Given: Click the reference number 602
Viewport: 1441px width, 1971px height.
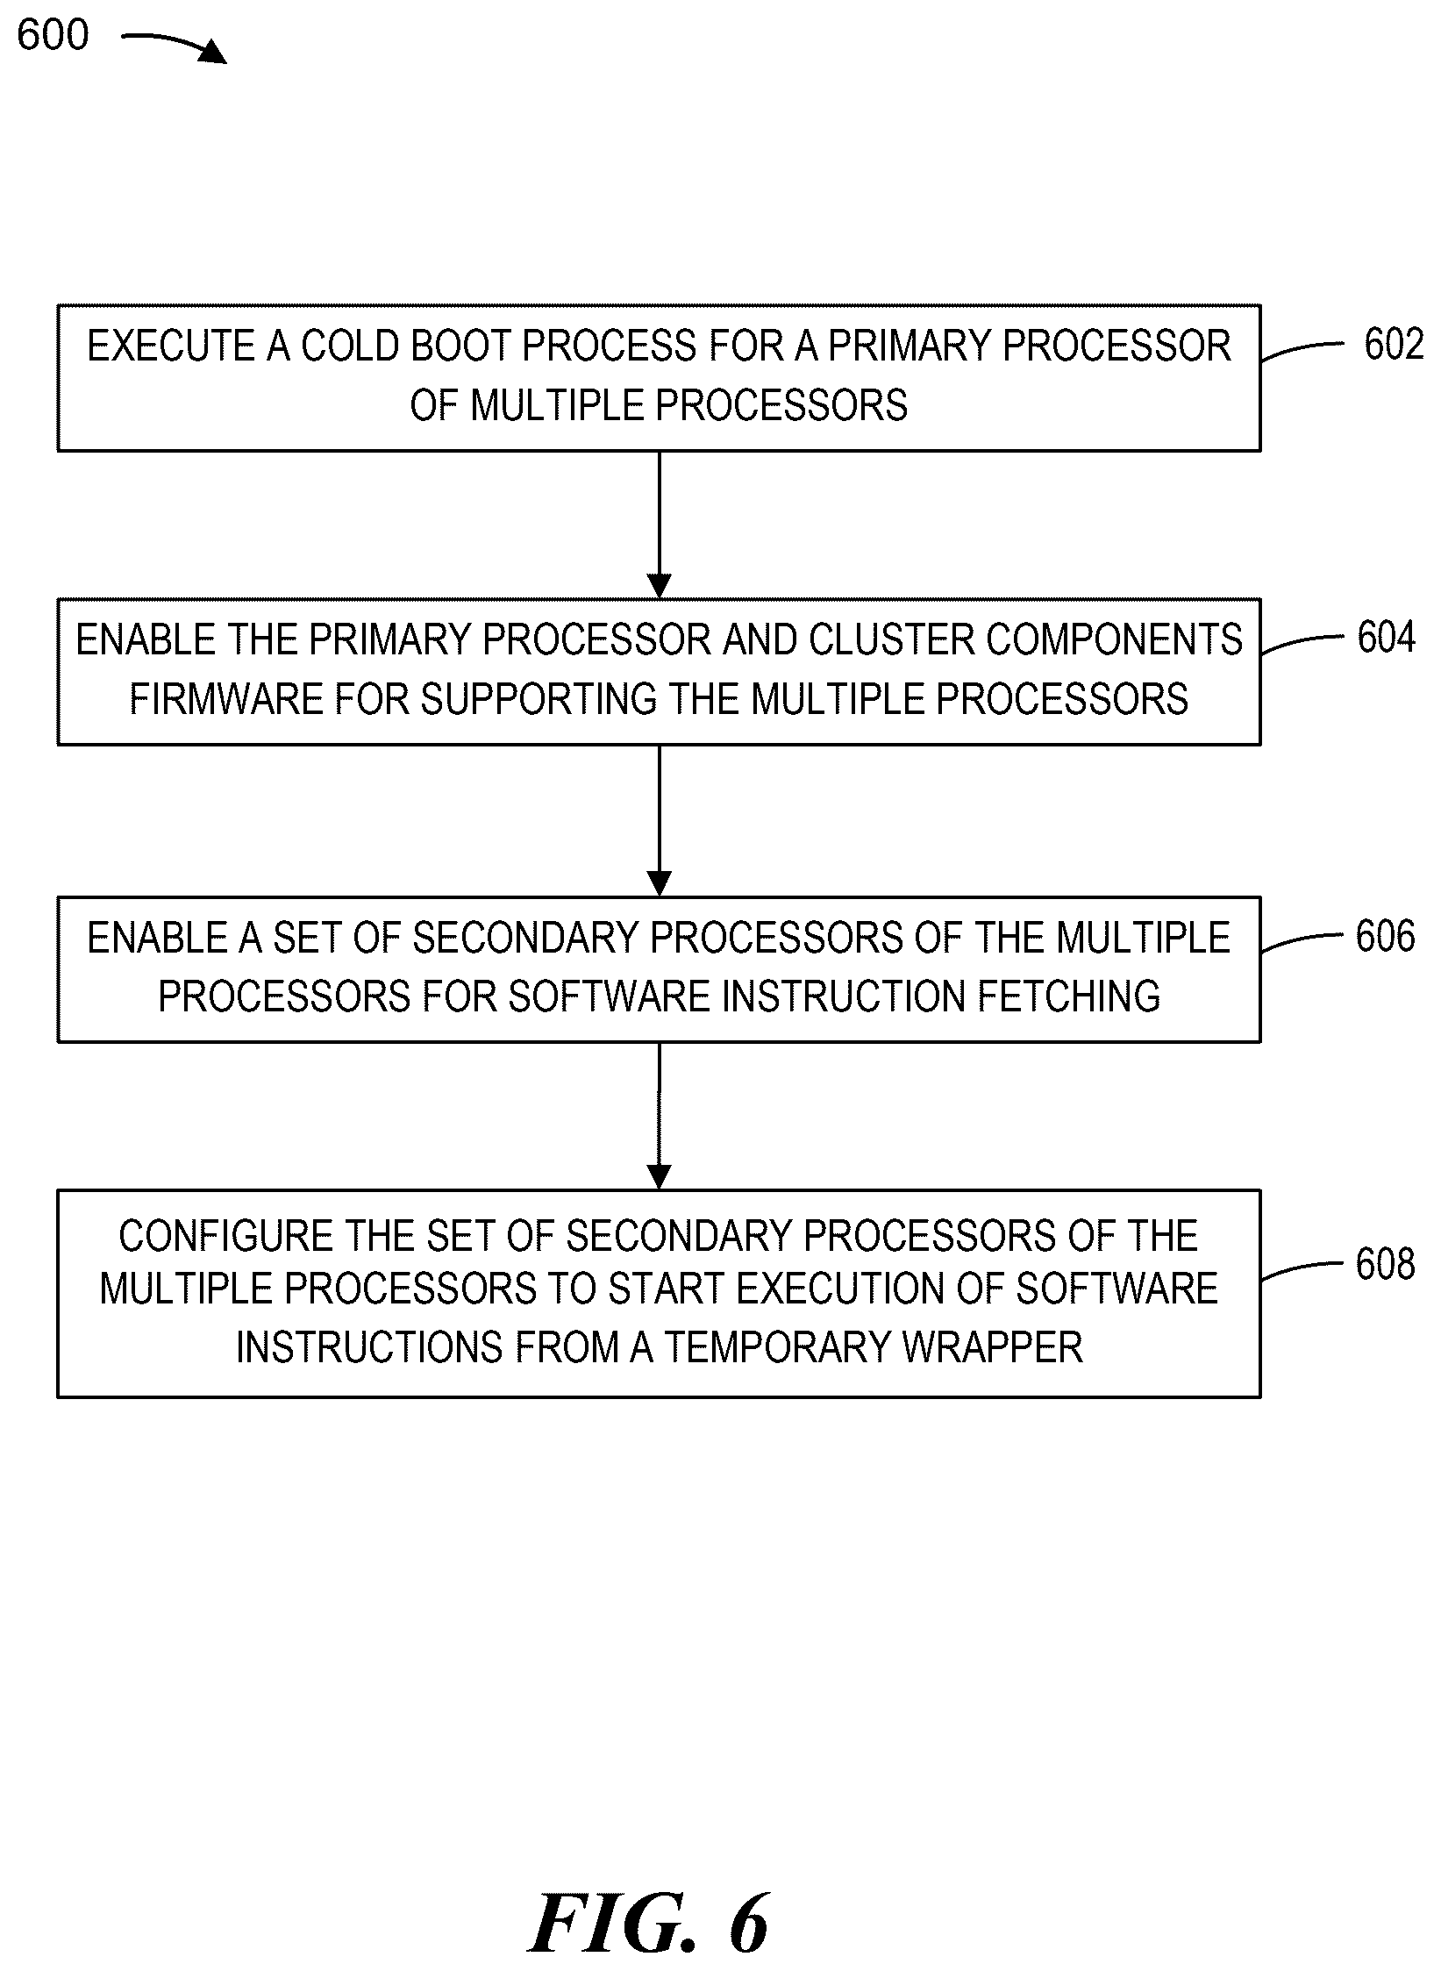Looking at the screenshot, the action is point(1394,344).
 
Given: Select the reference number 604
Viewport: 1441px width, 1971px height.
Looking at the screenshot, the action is point(1387,638).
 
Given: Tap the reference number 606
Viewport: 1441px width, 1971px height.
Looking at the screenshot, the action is point(1386,936).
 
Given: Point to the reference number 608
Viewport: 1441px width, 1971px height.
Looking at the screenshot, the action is point(1386,1264).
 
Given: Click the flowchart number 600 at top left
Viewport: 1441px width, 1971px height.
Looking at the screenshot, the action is point(53,35).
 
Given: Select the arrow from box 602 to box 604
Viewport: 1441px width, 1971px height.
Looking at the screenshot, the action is point(659,525).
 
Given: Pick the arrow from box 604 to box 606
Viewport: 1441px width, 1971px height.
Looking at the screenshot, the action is point(659,821).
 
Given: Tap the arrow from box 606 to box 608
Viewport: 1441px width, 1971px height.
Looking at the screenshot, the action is point(659,1116).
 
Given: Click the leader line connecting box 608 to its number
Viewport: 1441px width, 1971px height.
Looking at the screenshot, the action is point(1302,1269).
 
